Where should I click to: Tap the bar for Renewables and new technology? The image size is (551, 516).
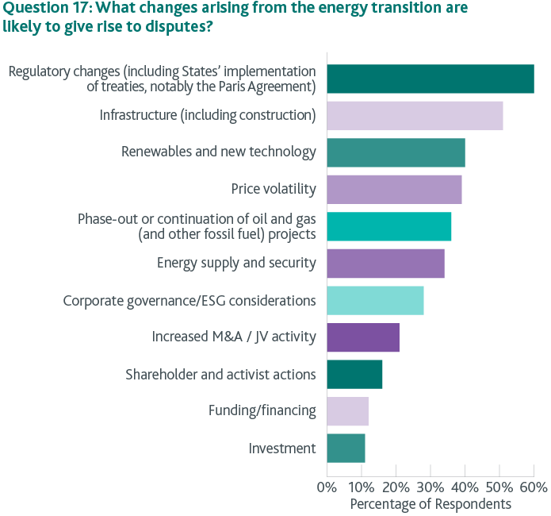(x=396, y=152)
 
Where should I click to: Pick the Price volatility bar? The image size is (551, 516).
(x=394, y=189)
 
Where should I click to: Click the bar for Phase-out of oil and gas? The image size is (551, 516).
(x=388, y=226)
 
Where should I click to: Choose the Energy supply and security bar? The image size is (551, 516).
(x=385, y=264)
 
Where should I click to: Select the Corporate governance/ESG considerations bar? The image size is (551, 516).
(x=375, y=301)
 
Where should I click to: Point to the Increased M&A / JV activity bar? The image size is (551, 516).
(x=362, y=337)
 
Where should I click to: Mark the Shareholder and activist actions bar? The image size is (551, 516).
(x=354, y=374)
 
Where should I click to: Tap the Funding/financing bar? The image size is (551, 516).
(x=347, y=411)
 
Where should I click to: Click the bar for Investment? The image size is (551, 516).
(x=346, y=448)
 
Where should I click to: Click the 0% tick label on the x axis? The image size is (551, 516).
(x=326, y=486)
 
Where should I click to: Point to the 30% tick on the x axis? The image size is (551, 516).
(x=430, y=486)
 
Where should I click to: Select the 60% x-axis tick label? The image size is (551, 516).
(x=534, y=486)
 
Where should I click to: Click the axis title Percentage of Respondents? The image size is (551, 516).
(x=430, y=504)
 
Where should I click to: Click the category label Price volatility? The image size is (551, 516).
(x=274, y=189)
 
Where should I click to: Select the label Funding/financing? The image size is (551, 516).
(x=262, y=411)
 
